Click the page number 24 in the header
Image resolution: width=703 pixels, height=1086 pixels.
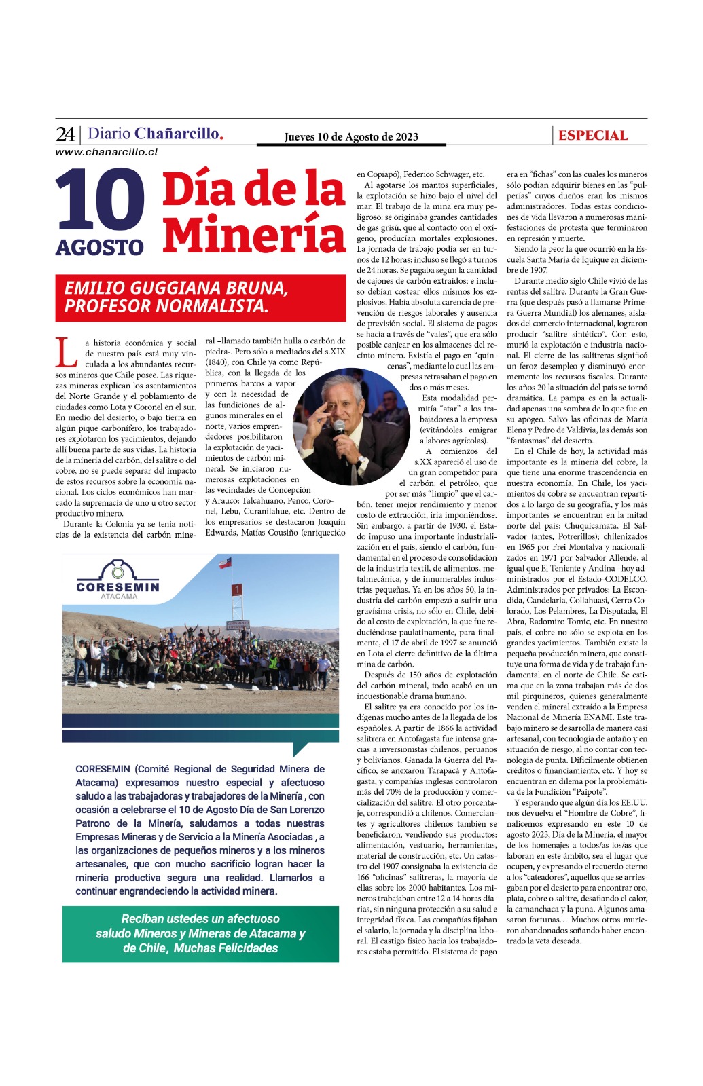click(x=65, y=134)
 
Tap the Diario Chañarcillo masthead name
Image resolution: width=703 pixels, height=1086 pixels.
click(x=156, y=134)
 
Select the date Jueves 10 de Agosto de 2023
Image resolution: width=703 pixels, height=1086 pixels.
click(x=351, y=137)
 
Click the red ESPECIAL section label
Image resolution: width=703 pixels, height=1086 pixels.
click(x=593, y=136)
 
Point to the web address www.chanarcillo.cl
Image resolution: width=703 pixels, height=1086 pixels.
click(x=107, y=152)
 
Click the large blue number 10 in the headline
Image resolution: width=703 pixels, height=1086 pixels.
click(x=101, y=201)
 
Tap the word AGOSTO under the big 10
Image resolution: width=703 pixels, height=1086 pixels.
click(x=100, y=248)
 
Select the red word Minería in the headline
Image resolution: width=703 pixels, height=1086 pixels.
click(x=254, y=234)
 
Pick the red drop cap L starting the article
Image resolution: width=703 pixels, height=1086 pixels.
click(x=66, y=352)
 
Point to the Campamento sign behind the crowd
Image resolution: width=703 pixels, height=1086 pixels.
click(x=237, y=624)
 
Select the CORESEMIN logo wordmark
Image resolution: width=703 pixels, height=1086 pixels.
click(x=118, y=586)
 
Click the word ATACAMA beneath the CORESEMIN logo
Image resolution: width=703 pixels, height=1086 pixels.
click(x=118, y=597)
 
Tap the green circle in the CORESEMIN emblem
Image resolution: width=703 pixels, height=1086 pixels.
click(x=119, y=572)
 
